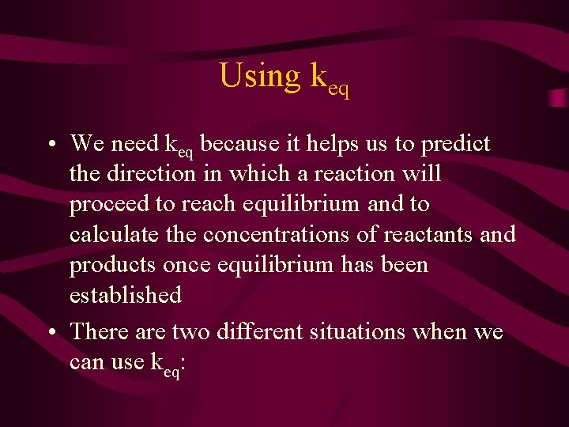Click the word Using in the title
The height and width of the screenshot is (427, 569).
[259, 76]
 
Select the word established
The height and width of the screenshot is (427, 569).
[126, 295]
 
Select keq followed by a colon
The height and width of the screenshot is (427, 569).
[168, 365]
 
